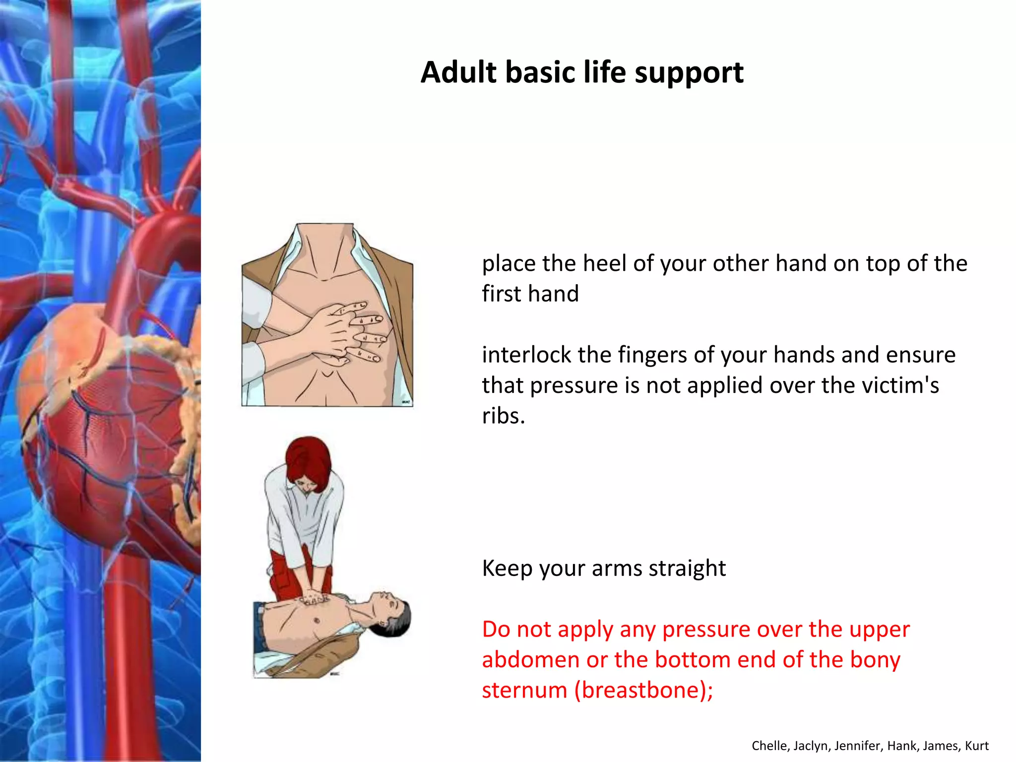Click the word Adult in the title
point(458,72)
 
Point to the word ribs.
point(503,416)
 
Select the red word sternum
point(524,691)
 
